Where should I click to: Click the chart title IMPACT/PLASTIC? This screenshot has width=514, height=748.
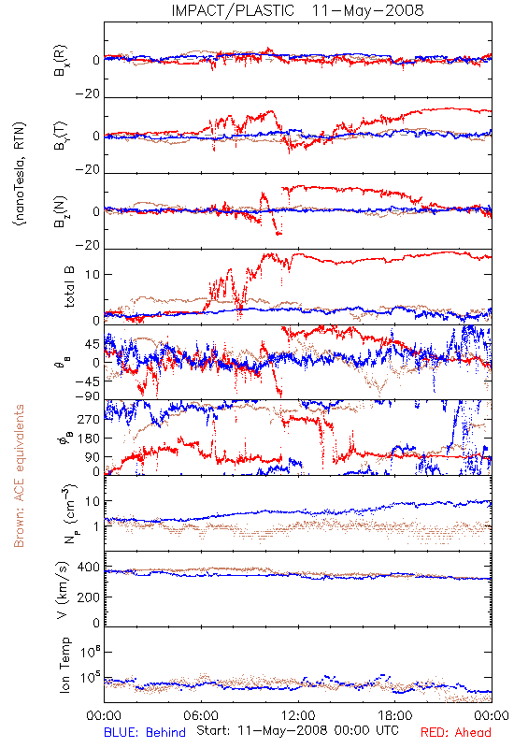(233, 10)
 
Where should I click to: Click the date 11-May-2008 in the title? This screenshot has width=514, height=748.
(367, 10)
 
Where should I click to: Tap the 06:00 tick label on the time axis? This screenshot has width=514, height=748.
(201, 715)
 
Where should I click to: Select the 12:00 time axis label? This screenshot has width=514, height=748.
(298, 715)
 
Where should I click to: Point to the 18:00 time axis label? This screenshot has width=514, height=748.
(395, 715)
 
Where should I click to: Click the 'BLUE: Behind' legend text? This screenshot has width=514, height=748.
(145, 733)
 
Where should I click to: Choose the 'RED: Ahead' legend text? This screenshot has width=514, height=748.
(456, 733)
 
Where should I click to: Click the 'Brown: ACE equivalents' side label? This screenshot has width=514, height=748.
(19, 476)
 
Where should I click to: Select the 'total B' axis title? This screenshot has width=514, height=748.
(69, 287)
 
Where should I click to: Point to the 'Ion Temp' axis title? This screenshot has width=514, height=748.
(64, 665)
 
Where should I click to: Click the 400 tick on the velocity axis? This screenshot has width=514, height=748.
(89, 568)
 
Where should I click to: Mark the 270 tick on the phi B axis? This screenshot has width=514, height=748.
(89, 420)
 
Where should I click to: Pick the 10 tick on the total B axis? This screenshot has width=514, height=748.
(93, 275)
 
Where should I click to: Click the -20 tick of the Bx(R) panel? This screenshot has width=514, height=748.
(88, 93)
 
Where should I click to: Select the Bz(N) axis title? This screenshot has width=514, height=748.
(61, 211)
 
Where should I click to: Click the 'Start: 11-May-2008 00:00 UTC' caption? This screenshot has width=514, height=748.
(297, 730)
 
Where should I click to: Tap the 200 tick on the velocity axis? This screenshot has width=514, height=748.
(89, 597)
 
